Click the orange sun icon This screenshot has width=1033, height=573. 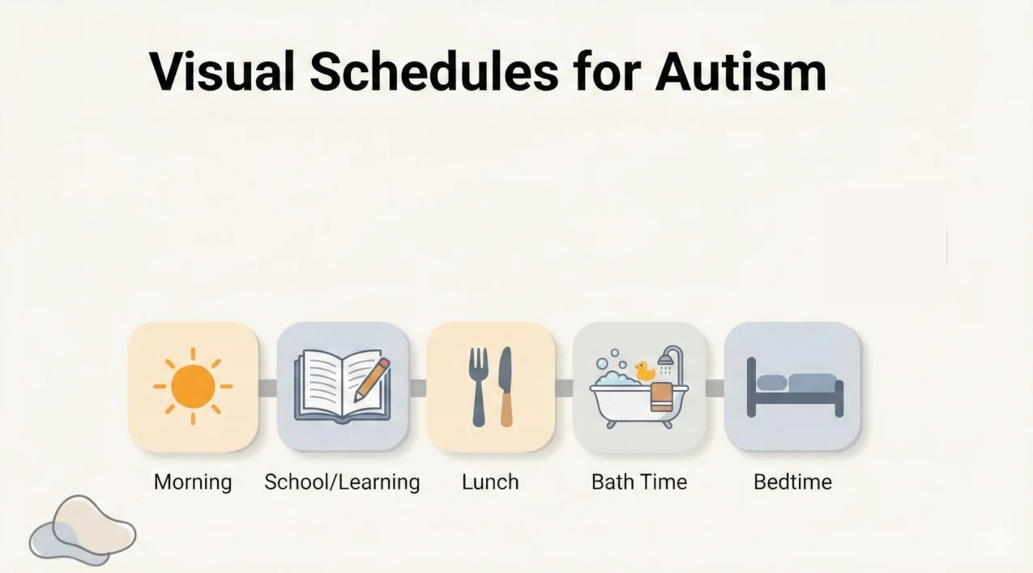point(193,386)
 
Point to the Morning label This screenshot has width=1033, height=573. point(193,482)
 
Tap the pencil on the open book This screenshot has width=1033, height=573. point(372,379)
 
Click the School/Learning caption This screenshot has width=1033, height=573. point(342,482)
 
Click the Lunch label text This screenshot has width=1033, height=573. point(490,482)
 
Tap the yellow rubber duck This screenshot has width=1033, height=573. point(645,371)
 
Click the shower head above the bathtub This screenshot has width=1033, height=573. point(667,359)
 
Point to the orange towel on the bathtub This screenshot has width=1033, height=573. point(661,397)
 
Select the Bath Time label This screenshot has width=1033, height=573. point(639,482)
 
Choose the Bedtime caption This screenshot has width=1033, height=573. point(792,482)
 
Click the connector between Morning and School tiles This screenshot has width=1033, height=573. point(267,388)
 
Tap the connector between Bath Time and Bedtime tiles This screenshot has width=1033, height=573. point(715,388)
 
